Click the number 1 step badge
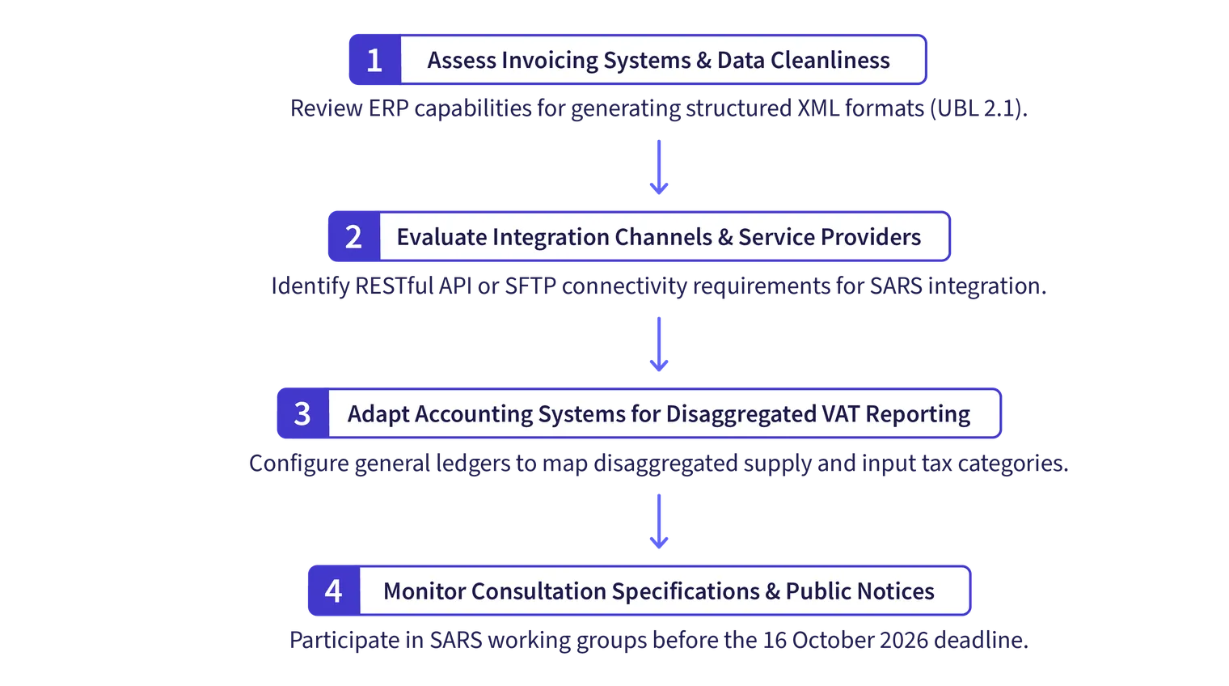375,59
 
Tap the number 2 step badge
354,236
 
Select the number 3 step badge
303,413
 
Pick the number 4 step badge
334,591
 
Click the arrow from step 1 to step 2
658,167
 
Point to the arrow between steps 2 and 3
658,344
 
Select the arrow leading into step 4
658,521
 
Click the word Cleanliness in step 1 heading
830,60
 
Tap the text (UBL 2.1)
978,108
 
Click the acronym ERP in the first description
388,108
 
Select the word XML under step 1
818,108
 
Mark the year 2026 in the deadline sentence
904,640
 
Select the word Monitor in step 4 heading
424,591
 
